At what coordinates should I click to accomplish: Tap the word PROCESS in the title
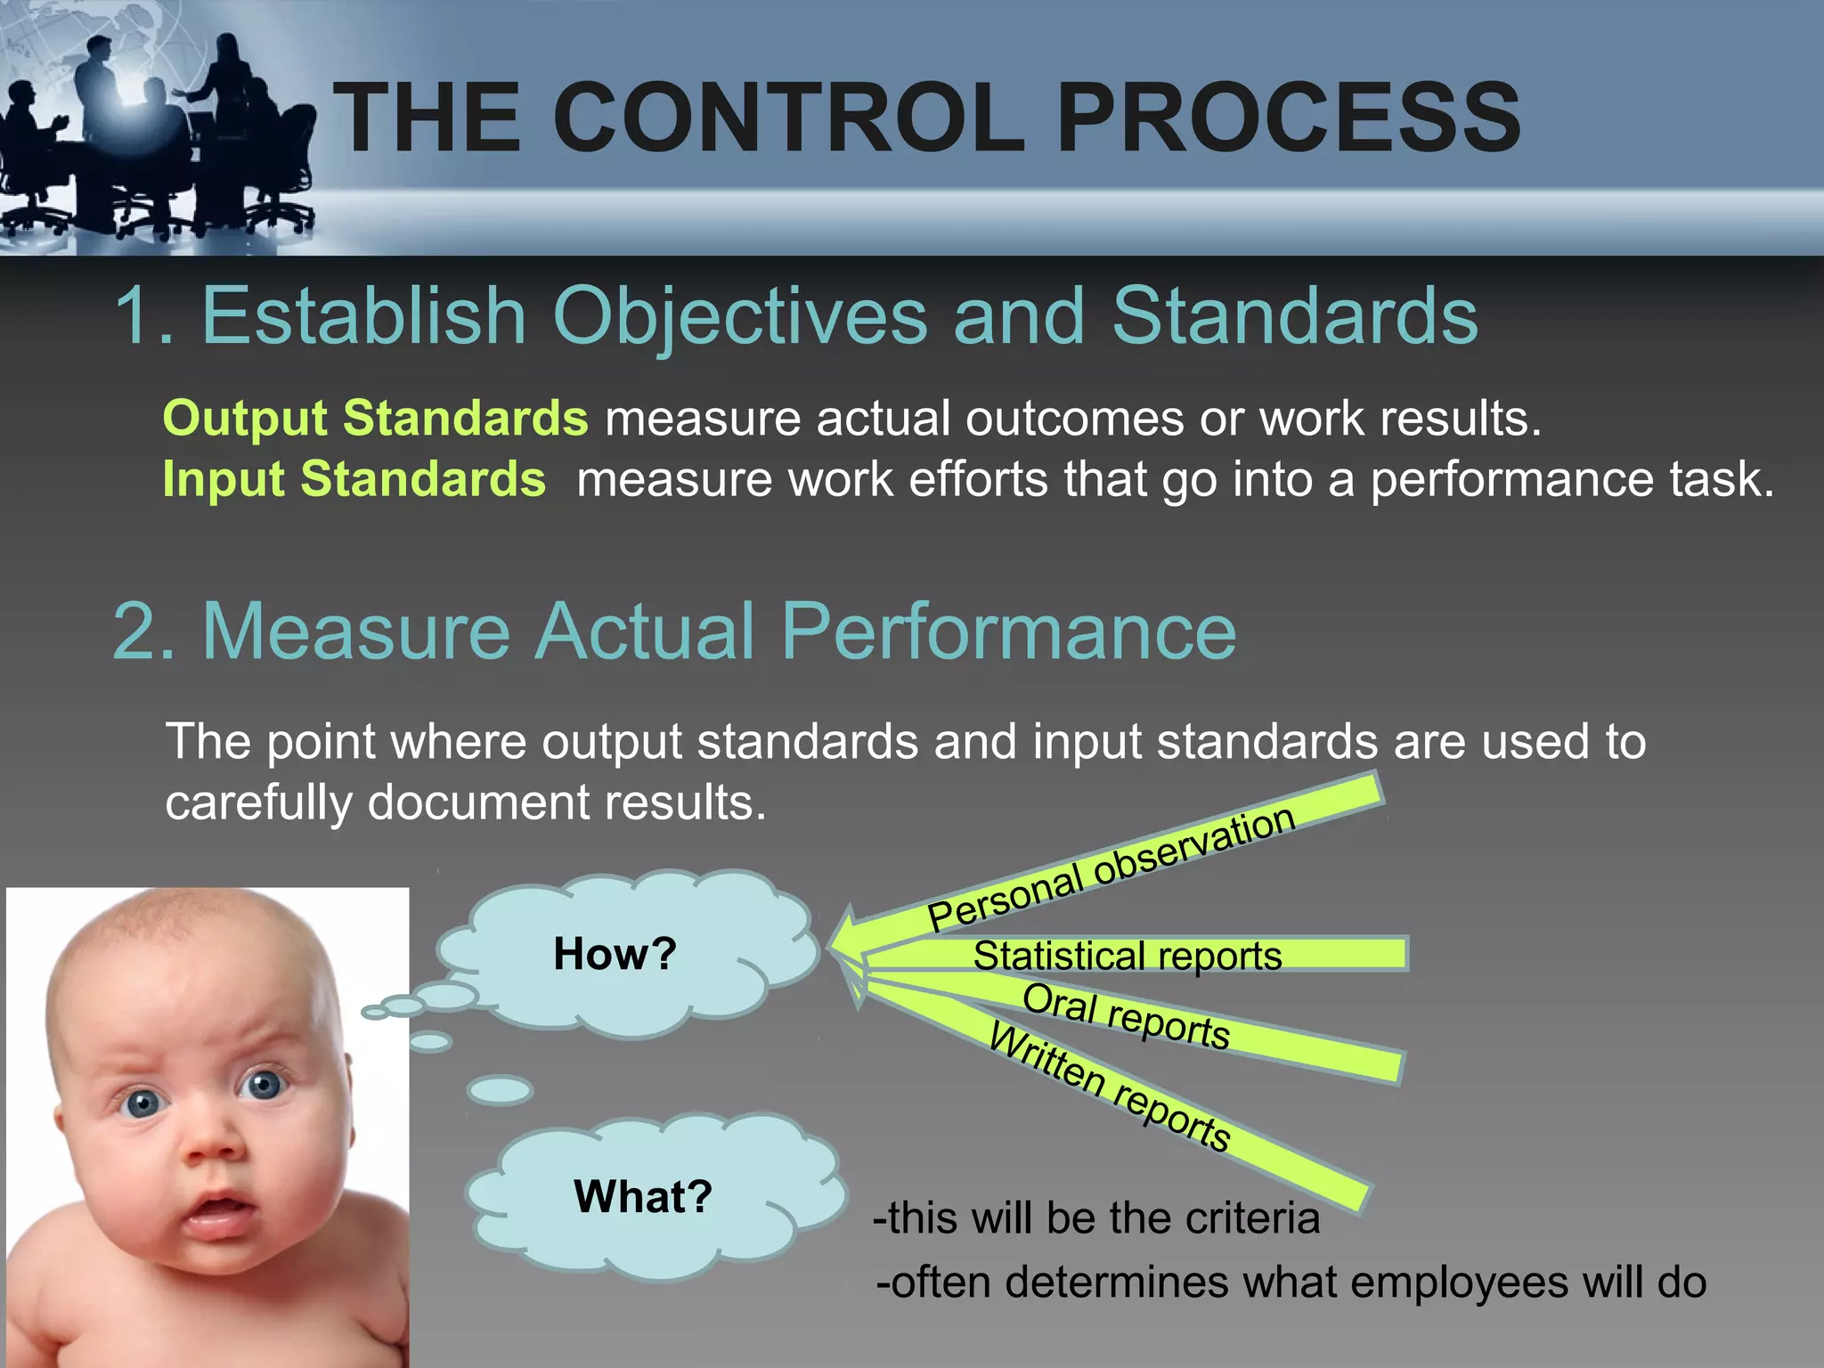coord(1288,118)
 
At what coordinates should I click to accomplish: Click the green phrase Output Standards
coord(375,418)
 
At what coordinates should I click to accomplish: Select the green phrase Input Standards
coord(354,479)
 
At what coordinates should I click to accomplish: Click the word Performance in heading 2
coord(1008,631)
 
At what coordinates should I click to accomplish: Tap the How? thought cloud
coord(615,954)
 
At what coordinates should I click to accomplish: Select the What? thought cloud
coord(642,1196)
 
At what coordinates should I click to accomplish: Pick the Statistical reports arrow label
coord(1128,956)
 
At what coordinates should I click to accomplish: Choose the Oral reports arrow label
coord(1126,1016)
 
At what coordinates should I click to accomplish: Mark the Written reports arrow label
coord(1110,1087)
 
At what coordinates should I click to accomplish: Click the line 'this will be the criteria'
coord(1096,1217)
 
